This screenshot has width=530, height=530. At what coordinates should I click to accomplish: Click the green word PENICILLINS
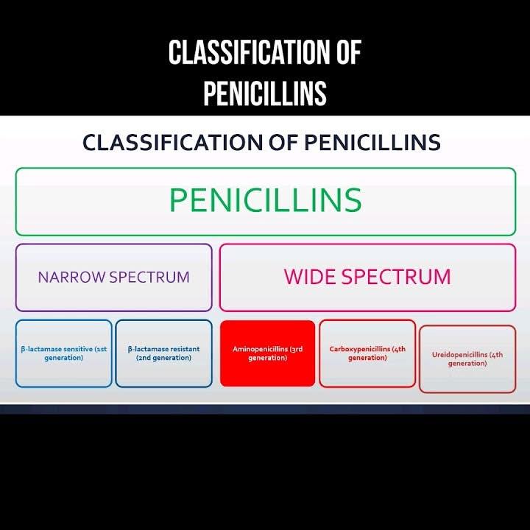[265, 200]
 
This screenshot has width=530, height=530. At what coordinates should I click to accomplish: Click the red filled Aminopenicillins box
[267, 353]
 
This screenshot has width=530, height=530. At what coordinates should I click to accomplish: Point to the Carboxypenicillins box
[367, 353]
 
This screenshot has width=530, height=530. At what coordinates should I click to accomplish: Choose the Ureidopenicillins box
[467, 359]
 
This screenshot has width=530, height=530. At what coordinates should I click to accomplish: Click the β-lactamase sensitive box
[63, 353]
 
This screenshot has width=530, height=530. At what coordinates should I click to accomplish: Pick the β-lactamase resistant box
[163, 353]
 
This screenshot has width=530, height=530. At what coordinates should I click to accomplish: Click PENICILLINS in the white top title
[265, 93]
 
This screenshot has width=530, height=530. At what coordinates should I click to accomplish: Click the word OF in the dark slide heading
[286, 142]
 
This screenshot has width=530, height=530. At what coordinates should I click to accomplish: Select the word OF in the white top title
[343, 54]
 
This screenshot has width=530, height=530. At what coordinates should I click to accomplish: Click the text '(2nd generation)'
[163, 358]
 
